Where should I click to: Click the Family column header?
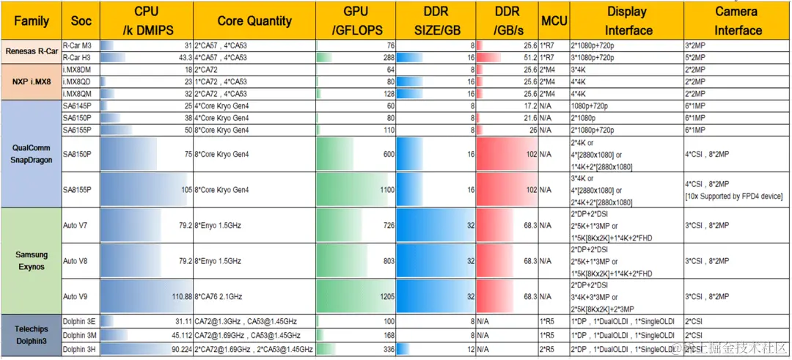click(32, 21)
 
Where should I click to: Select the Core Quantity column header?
click(254, 21)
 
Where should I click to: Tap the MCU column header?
click(553, 21)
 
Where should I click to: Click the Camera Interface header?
click(737, 21)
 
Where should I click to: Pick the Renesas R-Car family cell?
click(32, 51)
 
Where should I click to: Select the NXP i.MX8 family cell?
click(32, 81)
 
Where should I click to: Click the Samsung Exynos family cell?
click(32, 261)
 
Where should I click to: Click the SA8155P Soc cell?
click(77, 190)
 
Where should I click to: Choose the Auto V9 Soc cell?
click(76, 296)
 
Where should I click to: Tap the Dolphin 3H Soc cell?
click(79, 350)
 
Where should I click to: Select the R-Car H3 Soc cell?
click(77, 57)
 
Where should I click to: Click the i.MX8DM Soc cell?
click(78, 70)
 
